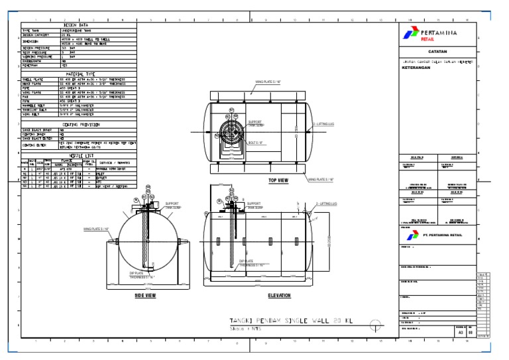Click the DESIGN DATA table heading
pos(79,25)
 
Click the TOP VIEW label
pos(278,180)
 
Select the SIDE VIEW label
pos(145,296)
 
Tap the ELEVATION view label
pos(279,296)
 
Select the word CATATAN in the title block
pos(437,51)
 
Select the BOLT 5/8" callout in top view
pos(256,142)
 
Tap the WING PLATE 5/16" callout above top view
pos(268,84)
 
